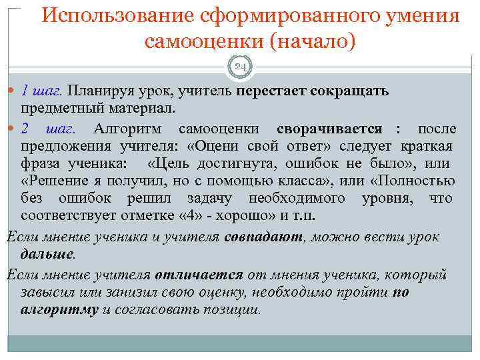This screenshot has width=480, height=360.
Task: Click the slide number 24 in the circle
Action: pos(240,67)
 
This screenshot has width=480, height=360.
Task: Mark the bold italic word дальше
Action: pos(47,254)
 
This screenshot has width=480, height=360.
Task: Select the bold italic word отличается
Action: pos(199,275)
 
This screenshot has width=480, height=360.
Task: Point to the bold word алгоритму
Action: pos(59,309)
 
